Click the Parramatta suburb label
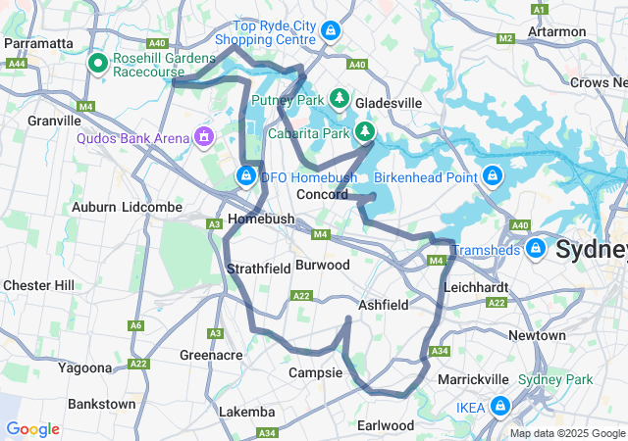39,43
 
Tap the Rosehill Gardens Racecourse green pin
98,65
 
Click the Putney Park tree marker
340,99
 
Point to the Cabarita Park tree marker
364,130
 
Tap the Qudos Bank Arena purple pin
204,135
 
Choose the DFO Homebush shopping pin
246,176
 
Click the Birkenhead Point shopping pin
493,176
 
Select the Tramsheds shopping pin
536,248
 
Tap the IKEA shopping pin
500,405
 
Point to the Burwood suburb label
322,265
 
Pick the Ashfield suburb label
383,305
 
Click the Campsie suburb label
315,372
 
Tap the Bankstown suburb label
102,404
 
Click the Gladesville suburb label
389,102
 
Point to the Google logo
32,428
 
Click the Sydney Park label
569,379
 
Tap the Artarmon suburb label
583,31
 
